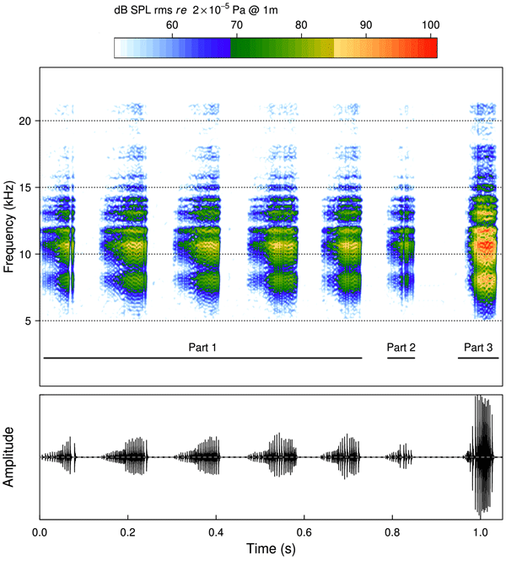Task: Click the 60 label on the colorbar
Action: [x=172, y=26]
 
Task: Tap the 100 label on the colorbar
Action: [x=428, y=26]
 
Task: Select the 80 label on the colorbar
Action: [x=300, y=26]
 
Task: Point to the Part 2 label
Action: [x=401, y=347]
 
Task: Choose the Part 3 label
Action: [x=477, y=347]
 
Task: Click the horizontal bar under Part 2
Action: [x=401, y=358]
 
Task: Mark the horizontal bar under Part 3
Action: [x=477, y=358]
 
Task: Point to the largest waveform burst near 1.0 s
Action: [x=482, y=456]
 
